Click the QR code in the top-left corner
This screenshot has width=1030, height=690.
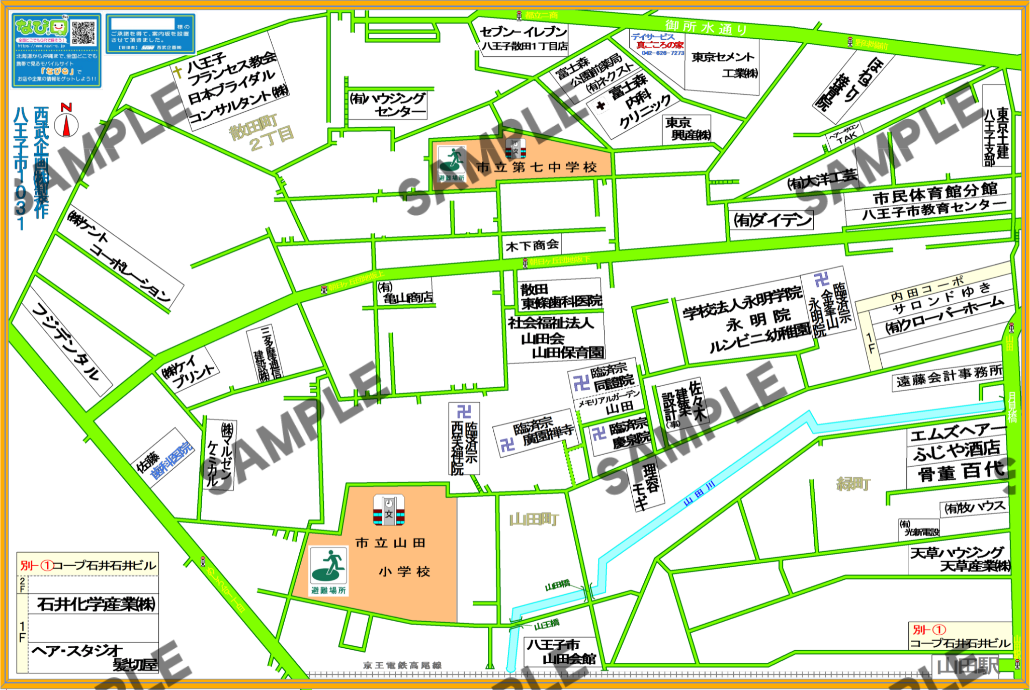(x=83, y=33)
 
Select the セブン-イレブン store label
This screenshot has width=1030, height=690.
(x=523, y=32)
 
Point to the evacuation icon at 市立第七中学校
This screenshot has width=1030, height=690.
(x=452, y=161)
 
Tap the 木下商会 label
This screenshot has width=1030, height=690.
(x=532, y=245)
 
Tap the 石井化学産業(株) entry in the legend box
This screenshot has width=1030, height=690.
(x=96, y=603)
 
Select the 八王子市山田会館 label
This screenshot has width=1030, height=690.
(x=561, y=651)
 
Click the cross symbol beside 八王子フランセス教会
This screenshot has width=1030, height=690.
(x=178, y=72)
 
